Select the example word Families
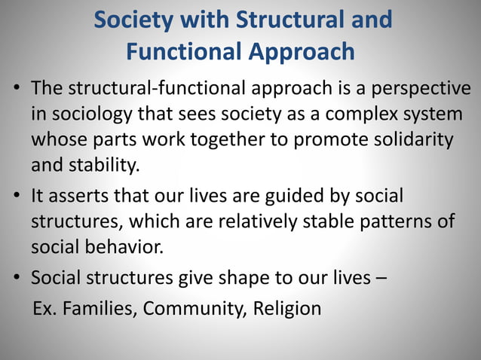point(98,309)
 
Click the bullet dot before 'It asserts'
point(16,197)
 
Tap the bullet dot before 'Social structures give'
point(16,279)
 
